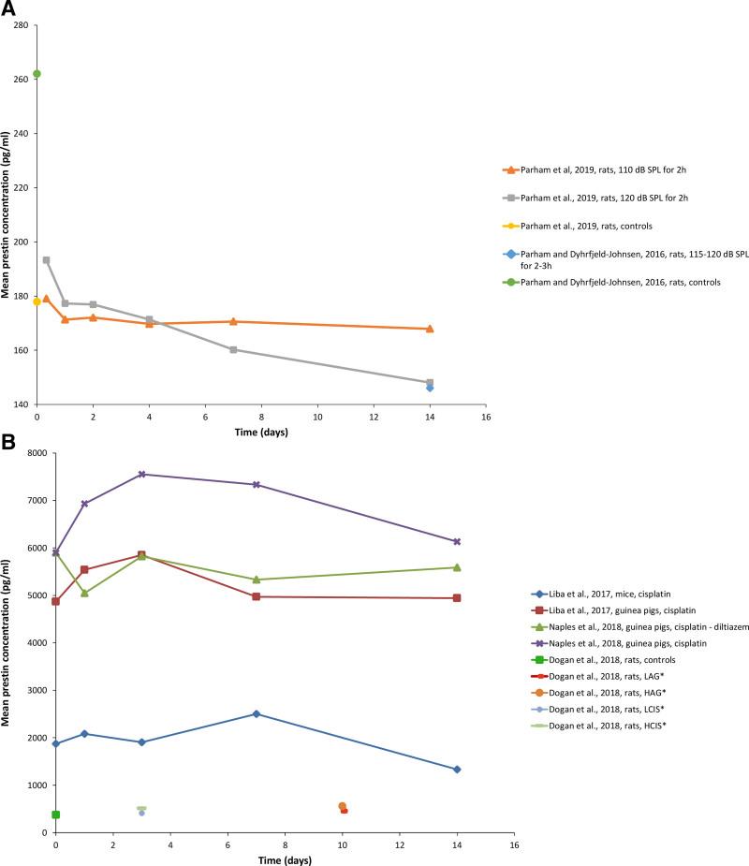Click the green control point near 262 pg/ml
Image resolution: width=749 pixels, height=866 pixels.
[37, 74]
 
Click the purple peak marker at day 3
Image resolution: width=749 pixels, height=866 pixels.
[142, 474]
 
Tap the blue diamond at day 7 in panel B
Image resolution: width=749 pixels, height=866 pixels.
[257, 713]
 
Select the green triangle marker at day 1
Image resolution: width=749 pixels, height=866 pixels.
[85, 593]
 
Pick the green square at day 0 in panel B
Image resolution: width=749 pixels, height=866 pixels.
[56, 815]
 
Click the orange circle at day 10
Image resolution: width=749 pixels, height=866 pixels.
[342, 806]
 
